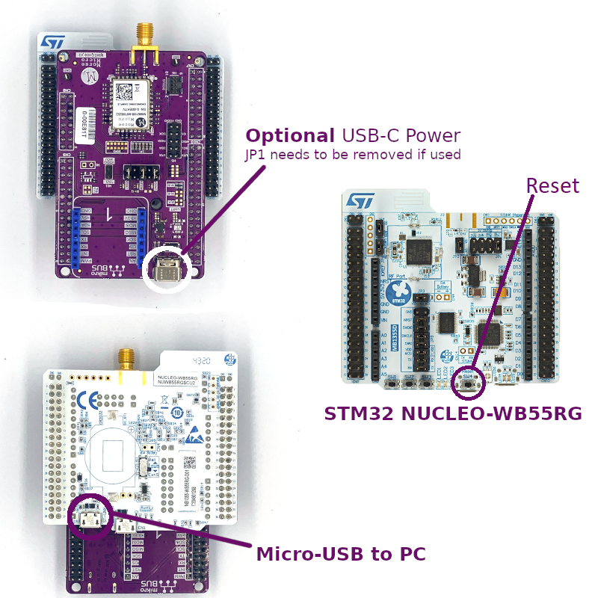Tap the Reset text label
point(552,185)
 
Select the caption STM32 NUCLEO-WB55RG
point(453,413)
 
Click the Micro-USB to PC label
point(341,554)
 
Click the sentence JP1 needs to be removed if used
point(353,155)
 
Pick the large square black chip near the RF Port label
point(419,250)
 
